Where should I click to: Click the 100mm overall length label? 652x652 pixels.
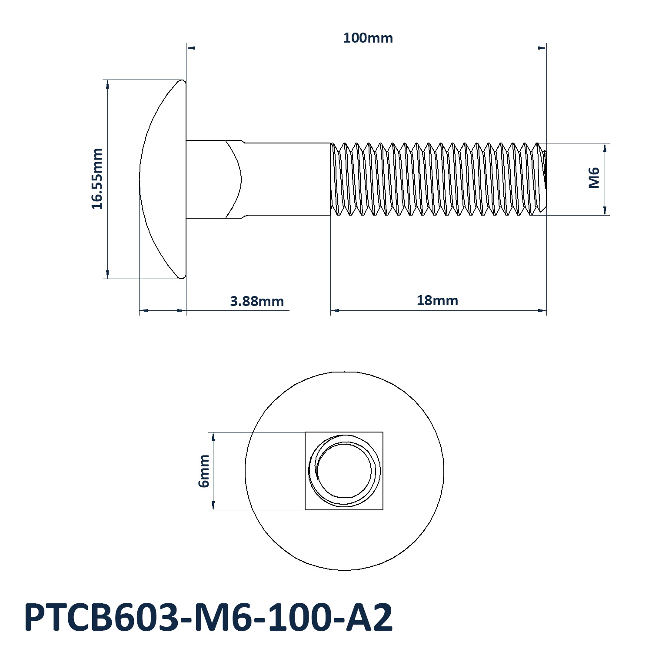(368, 38)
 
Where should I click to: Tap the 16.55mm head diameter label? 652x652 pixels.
(97, 179)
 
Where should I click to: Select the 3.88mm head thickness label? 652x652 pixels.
(256, 301)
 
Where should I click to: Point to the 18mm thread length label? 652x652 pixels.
(437, 300)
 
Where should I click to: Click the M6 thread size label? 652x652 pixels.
(594, 178)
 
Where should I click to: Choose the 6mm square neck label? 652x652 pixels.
(204, 471)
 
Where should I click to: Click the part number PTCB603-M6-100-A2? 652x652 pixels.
(208, 617)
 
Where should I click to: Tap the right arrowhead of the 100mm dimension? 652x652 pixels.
(542, 48)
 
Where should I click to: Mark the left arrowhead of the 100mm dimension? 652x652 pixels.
(190, 48)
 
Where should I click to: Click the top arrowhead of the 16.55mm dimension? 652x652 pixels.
(108, 84)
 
